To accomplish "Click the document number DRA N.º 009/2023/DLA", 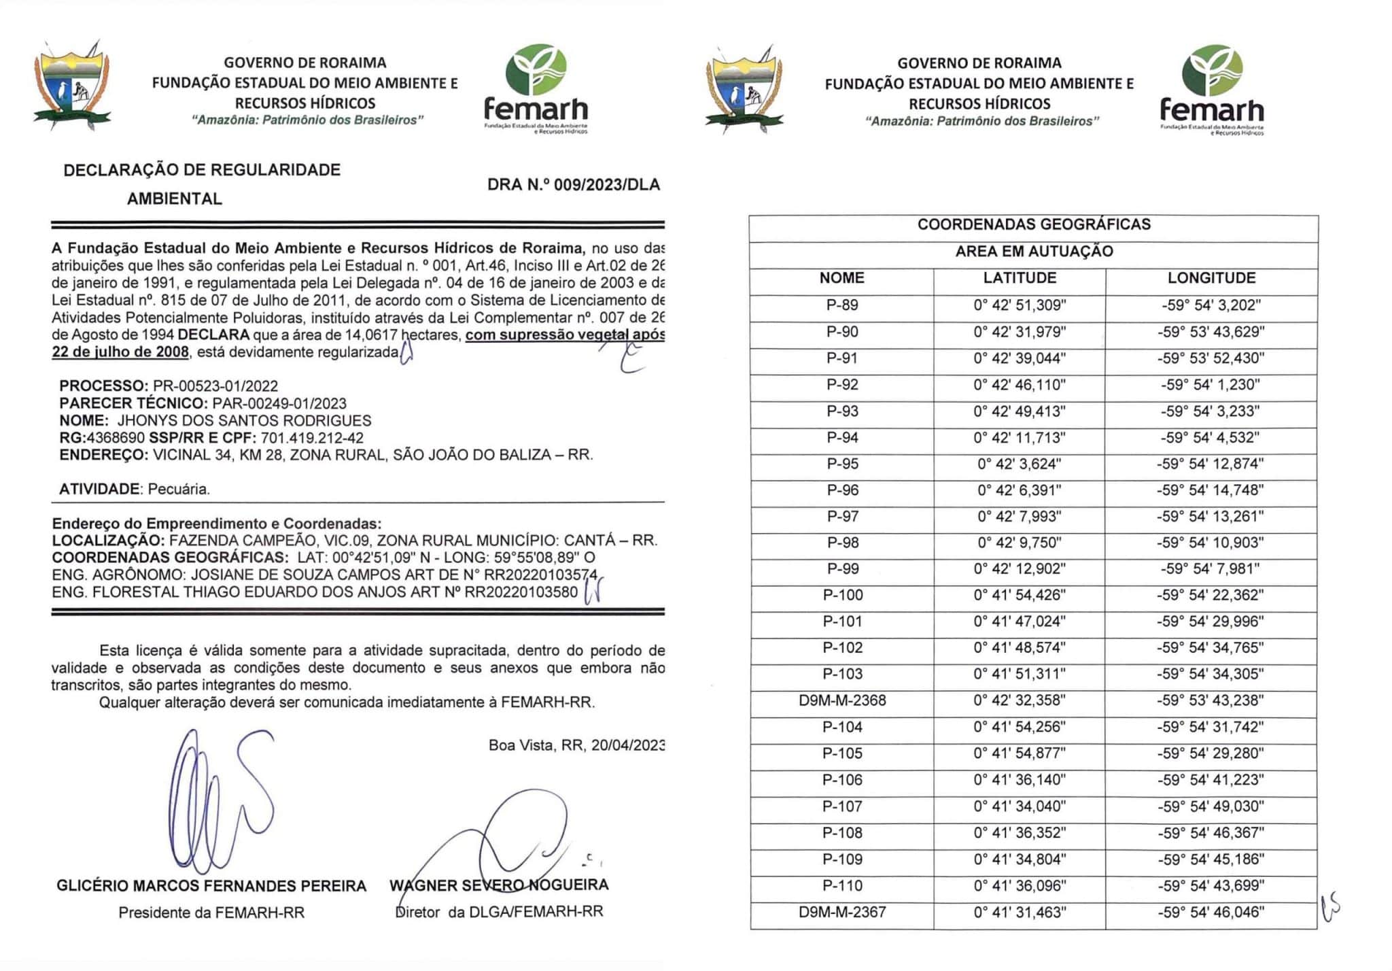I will (574, 184).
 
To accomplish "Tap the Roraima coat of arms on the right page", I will (744, 89).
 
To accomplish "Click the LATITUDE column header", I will (1020, 278).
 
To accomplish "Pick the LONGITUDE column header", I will (1211, 278).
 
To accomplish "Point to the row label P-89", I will (842, 305).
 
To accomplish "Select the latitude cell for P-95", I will (1020, 464).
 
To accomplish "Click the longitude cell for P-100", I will (1211, 595).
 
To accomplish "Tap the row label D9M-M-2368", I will (842, 700).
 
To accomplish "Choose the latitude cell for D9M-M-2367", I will (1020, 912).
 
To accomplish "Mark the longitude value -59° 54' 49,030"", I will (1211, 806).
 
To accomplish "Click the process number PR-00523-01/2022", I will (215, 386).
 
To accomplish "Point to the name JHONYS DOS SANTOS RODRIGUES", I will (245, 421).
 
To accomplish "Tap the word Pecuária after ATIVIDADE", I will (179, 489).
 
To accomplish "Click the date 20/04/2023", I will (627, 745).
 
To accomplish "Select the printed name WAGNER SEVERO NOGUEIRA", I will (499, 885).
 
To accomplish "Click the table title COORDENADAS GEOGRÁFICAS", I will (1033, 224).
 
